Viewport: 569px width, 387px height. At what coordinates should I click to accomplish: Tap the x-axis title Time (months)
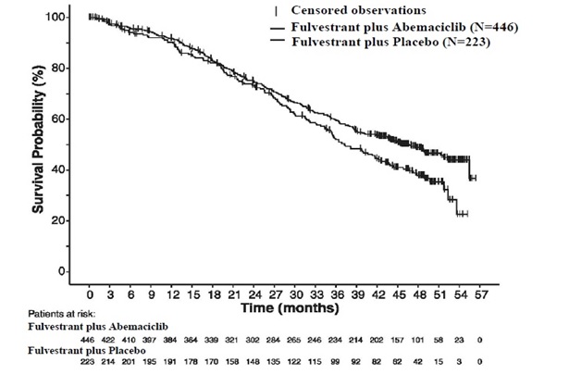click(288, 305)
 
